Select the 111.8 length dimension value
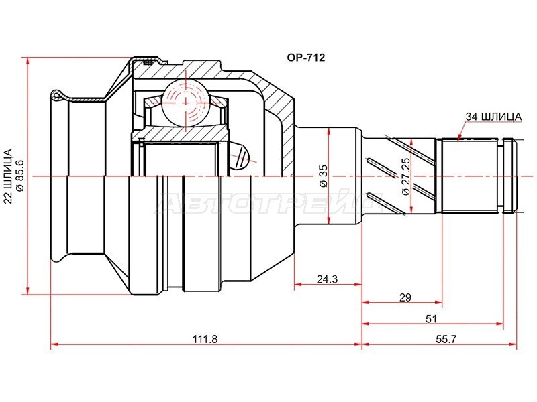pos(205,339)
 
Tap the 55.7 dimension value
pos(446,339)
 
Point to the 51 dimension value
pos(431,319)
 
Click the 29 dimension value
pos(405,297)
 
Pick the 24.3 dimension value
pos(327,279)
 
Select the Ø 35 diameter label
pos(324,176)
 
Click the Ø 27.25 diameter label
pos(406,176)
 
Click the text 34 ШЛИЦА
pos(493,117)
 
